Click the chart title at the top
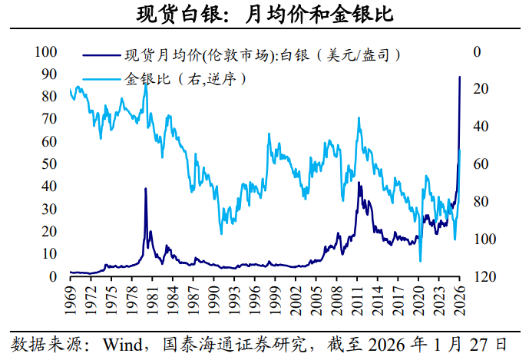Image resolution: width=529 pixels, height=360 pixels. coord(265,14)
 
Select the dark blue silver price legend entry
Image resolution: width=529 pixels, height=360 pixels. coord(242,55)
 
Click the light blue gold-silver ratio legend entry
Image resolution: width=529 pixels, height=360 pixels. coord(164,79)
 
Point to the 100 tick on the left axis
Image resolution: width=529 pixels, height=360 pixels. coord(46,51)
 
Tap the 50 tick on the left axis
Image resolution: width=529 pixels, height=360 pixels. coord(49,164)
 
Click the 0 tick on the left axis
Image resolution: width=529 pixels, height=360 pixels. coord(53,276)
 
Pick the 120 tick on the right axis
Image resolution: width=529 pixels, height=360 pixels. coord(485,276)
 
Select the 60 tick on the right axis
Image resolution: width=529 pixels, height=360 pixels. coord(481,164)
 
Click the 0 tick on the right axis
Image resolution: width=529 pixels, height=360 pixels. coord(477,51)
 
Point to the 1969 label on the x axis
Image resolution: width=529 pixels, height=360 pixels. coord(71,300)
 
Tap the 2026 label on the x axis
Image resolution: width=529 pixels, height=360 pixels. coord(459,300)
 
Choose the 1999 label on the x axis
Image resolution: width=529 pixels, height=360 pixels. coord(275,300)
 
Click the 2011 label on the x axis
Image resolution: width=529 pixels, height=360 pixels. coord(357,300)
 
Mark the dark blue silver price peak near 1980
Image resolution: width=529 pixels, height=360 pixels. coord(145,188)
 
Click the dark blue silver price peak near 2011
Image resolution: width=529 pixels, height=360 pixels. coord(359,182)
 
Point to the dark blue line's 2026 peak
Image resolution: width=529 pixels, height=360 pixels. coord(459,77)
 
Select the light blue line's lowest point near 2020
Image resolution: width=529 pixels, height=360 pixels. coord(421,261)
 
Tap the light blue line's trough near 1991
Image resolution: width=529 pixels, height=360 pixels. coord(221,234)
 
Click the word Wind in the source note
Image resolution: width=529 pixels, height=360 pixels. coord(123,345)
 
